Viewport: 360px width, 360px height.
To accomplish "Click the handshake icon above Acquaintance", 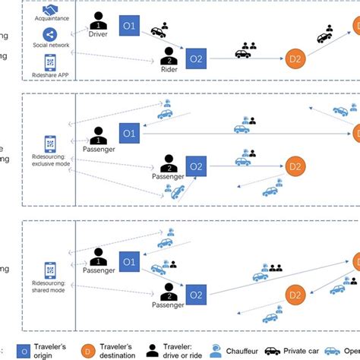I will (x=50, y=10).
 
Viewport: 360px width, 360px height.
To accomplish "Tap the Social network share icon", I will (x=50, y=34).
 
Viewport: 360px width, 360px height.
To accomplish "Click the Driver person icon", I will (x=99, y=21).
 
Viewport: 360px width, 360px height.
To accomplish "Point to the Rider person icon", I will (x=169, y=55).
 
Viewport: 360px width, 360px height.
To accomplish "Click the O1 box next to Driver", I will (x=129, y=27).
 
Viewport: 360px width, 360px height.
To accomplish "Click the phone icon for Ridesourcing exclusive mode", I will (x=50, y=143).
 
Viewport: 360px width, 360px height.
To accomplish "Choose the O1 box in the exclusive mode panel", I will (x=129, y=134).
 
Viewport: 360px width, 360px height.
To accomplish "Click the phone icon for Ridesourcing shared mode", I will (x=50, y=270).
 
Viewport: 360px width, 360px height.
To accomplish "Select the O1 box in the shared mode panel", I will (x=129, y=263).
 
